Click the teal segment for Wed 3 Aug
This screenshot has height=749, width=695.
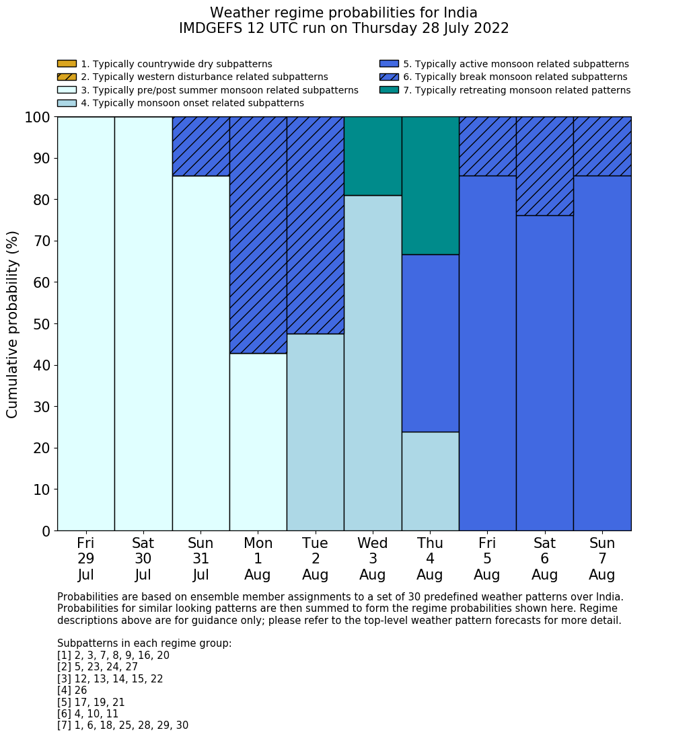click(373, 156)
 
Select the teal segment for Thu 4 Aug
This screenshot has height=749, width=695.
click(430, 186)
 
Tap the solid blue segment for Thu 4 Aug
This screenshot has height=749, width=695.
click(430, 343)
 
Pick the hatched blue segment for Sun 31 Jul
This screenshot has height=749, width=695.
click(200, 147)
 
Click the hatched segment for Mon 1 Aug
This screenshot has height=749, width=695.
click(258, 235)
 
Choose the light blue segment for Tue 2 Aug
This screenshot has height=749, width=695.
click(315, 432)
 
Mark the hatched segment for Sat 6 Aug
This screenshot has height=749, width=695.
click(544, 166)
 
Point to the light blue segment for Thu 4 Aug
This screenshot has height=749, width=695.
click(430, 481)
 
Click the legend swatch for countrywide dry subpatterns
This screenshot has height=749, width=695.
click(67, 64)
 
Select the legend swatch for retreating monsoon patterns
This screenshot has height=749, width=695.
click(389, 90)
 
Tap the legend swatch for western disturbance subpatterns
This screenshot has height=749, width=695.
click(67, 77)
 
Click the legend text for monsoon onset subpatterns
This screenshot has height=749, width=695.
click(192, 103)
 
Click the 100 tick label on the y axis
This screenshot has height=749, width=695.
click(38, 118)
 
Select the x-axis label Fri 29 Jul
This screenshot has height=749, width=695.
click(85, 559)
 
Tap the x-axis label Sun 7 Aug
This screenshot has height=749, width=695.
click(601, 559)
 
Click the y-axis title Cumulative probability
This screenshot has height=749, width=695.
click(13, 324)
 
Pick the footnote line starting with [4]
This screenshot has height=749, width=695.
click(72, 691)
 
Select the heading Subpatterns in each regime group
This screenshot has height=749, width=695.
click(144, 643)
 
